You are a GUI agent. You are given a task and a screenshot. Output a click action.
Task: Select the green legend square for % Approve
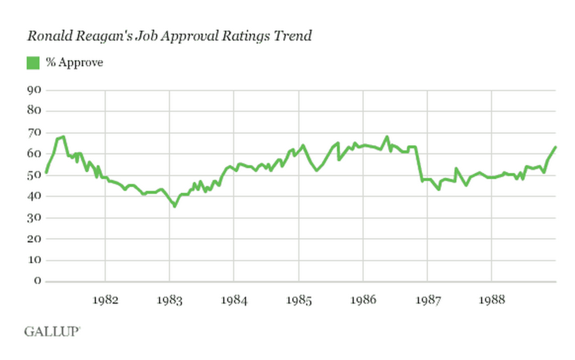click(x=33, y=62)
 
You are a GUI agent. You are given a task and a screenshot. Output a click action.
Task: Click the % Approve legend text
click(x=74, y=62)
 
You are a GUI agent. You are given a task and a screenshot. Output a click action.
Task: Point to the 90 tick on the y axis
click(x=34, y=90)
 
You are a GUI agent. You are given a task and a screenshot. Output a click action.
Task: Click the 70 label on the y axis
click(x=34, y=133)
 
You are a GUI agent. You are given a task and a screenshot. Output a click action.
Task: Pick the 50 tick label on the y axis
click(x=34, y=175)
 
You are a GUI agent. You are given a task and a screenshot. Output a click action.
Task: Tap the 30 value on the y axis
click(x=34, y=218)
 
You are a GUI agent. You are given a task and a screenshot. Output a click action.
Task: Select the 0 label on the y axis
click(x=37, y=281)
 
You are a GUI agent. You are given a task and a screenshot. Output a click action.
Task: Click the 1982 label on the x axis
click(x=105, y=301)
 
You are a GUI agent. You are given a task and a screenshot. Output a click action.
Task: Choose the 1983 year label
click(x=170, y=301)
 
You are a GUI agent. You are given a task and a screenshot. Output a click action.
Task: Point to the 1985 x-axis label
click(x=299, y=301)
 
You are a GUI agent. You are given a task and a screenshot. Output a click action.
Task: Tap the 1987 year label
click(x=427, y=301)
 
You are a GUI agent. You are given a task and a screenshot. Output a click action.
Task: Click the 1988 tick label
click(x=492, y=301)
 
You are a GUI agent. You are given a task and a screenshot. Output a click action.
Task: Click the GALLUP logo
click(x=52, y=331)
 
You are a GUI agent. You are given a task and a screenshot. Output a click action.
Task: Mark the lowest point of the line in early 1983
click(x=175, y=206)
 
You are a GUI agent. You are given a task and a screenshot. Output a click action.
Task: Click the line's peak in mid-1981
click(x=63, y=137)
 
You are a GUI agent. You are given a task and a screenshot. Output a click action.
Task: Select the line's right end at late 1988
click(x=555, y=147)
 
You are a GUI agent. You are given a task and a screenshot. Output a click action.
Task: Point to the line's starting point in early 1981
click(x=46, y=172)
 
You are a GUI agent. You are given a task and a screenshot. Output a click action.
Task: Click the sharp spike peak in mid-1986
click(x=387, y=137)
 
